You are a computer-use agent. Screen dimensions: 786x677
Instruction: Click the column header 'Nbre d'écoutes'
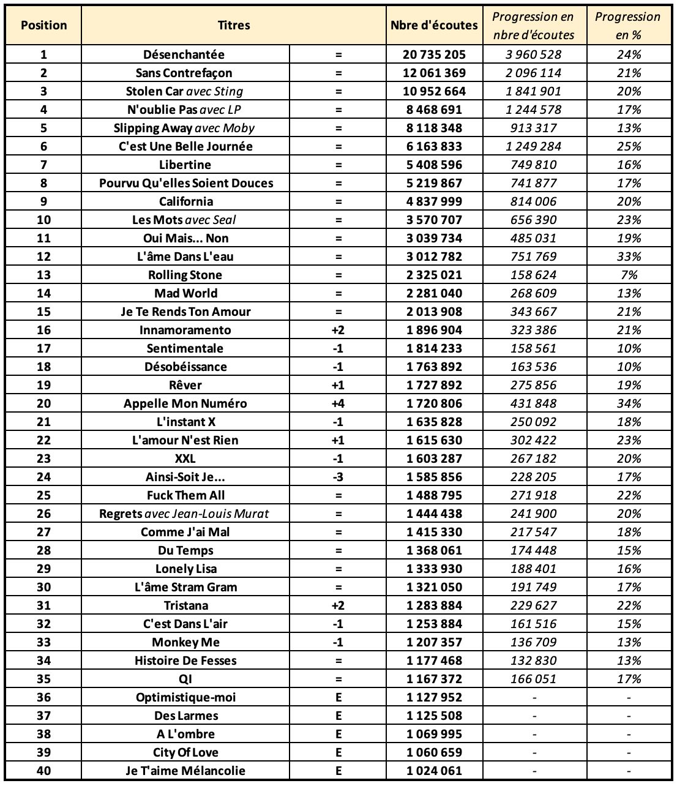pyautogui.click(x=434, y=25)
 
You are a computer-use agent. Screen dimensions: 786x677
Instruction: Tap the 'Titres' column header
pyautogui.click(x=234, y=25)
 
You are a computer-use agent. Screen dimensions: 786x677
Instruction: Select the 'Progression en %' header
pyautogui.click(x=627, y=25)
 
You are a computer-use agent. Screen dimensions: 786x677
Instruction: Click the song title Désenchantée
pyautogui.click(x=184, y=54)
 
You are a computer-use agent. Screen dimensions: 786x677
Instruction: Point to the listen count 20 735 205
pyautogui.click(x=434, y=54)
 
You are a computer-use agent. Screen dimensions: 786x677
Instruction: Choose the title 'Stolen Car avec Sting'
pyautogui.click(x=184, y=91)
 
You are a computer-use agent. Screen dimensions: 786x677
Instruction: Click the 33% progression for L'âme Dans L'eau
pyautogui.click(x=629, y=256)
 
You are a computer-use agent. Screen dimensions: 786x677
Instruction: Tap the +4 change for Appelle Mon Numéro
pyautogui.click(x=338, y=403)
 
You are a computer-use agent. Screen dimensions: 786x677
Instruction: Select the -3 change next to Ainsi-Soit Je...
pyautogui.click(x=338, y=477)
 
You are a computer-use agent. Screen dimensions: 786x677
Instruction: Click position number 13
pyautogui.click(x=43, y=275)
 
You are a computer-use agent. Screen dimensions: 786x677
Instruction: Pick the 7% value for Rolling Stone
pyautogui.click(x=629, y=275)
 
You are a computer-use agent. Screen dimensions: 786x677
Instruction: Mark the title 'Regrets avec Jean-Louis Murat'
pyautogui.click(x=184, y=514)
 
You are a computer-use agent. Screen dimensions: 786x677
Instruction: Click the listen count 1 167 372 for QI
pyautogui.click(x=434, y=679)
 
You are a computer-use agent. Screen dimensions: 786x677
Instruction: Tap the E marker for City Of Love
pyautogui.click(x=338, y=752)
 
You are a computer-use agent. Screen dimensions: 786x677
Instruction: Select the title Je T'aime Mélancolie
pyautogui.click(x=185, y=771)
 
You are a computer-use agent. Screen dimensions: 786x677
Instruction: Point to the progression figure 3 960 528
pyautogui.click(x=533, y=54)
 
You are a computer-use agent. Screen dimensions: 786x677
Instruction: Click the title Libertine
pyautogui.click(x=185, y=165)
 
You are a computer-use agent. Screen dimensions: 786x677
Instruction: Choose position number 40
pyautogui.click(x=43, y=771)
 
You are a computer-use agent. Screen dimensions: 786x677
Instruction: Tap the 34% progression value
pyautogui.click(x=629, y=403)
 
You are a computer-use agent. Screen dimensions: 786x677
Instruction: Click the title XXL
pyautogui.click(x=185, y=458)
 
